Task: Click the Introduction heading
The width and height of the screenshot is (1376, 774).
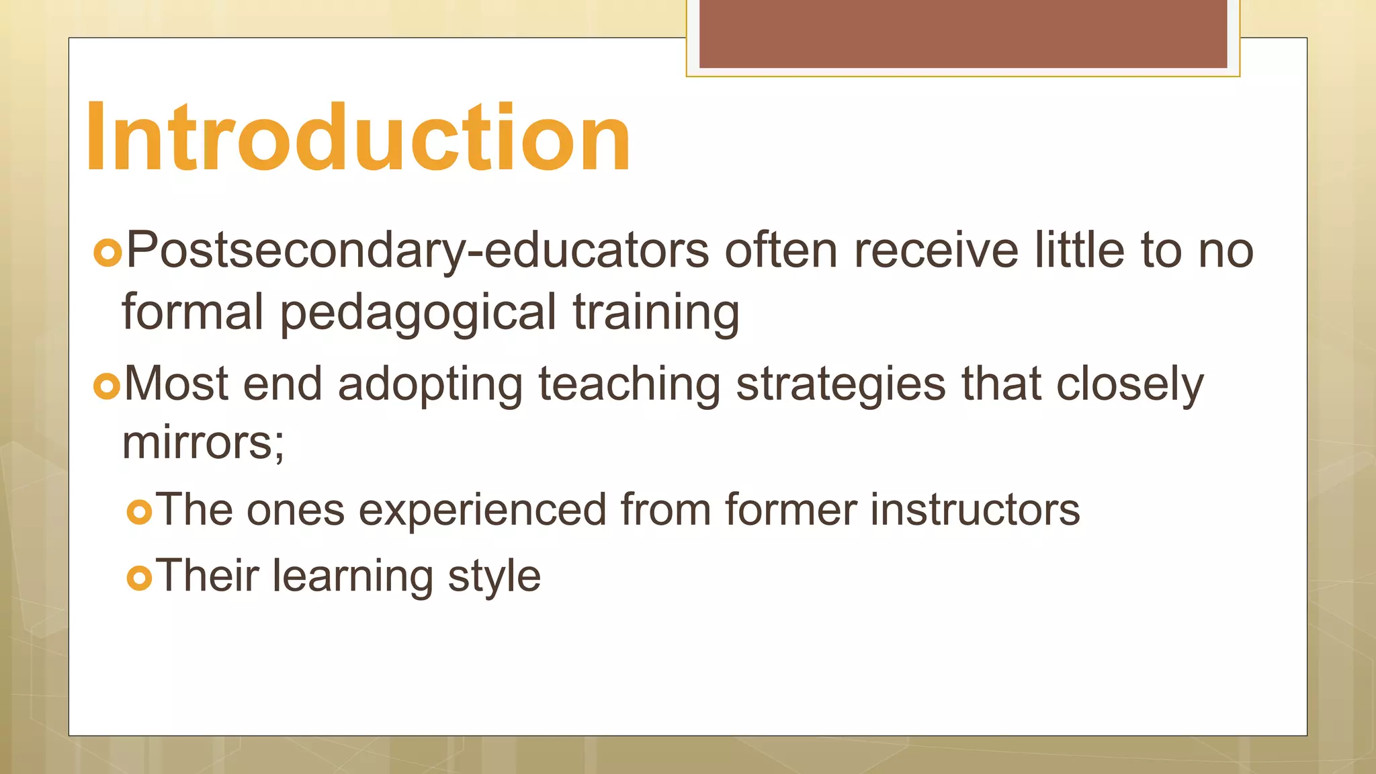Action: pyautogui.click(x=358, y=138)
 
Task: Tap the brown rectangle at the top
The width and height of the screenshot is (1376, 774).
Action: pyautogui.click(x=963, y=34)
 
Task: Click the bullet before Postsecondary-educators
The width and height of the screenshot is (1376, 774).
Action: pyautogui.click(x=107, y=253)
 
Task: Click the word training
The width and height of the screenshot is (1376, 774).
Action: pyautogui.click(x=656, y=313)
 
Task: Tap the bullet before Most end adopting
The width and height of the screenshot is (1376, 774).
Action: pyautogui.click(x=107, y=386)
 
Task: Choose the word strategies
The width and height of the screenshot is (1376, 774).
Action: pyautogui.click(x=841, y=385)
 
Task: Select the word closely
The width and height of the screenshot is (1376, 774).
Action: pyautogui.click(x=1129, y=385)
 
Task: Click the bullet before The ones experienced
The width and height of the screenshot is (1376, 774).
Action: pyautogui.click(x=139, y=513)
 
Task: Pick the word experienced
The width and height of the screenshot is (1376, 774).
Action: pyautogui.click(x=482, y=510)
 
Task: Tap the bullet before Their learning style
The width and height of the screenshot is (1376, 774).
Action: pyautogui.click(x=139, y=578)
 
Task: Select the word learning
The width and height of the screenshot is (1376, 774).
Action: pyautogui.click(x=353, y=576)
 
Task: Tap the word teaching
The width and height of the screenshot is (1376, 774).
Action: pyautogui.click(x=630, y=385)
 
